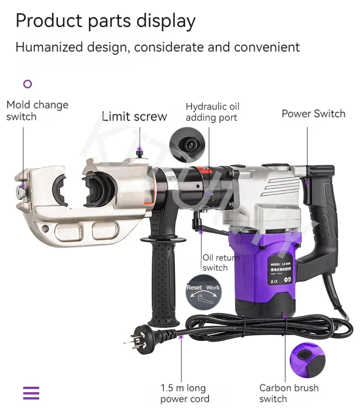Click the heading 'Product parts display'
(x=105, y=21)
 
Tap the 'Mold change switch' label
(x=37, y=111)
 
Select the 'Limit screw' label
(x=134, y=116)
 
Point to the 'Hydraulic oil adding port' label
(x=212, y=112)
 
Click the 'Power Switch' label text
(x=313, y=114)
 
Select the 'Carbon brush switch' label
(x=288, y=394)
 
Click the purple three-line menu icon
(x=31, y=393)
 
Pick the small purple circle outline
(x=28, y=84)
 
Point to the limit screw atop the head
(x=140, y=155)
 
